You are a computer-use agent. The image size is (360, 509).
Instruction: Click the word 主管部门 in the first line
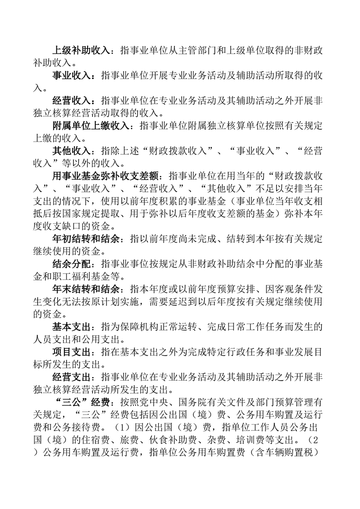click(x=201, y=50)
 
